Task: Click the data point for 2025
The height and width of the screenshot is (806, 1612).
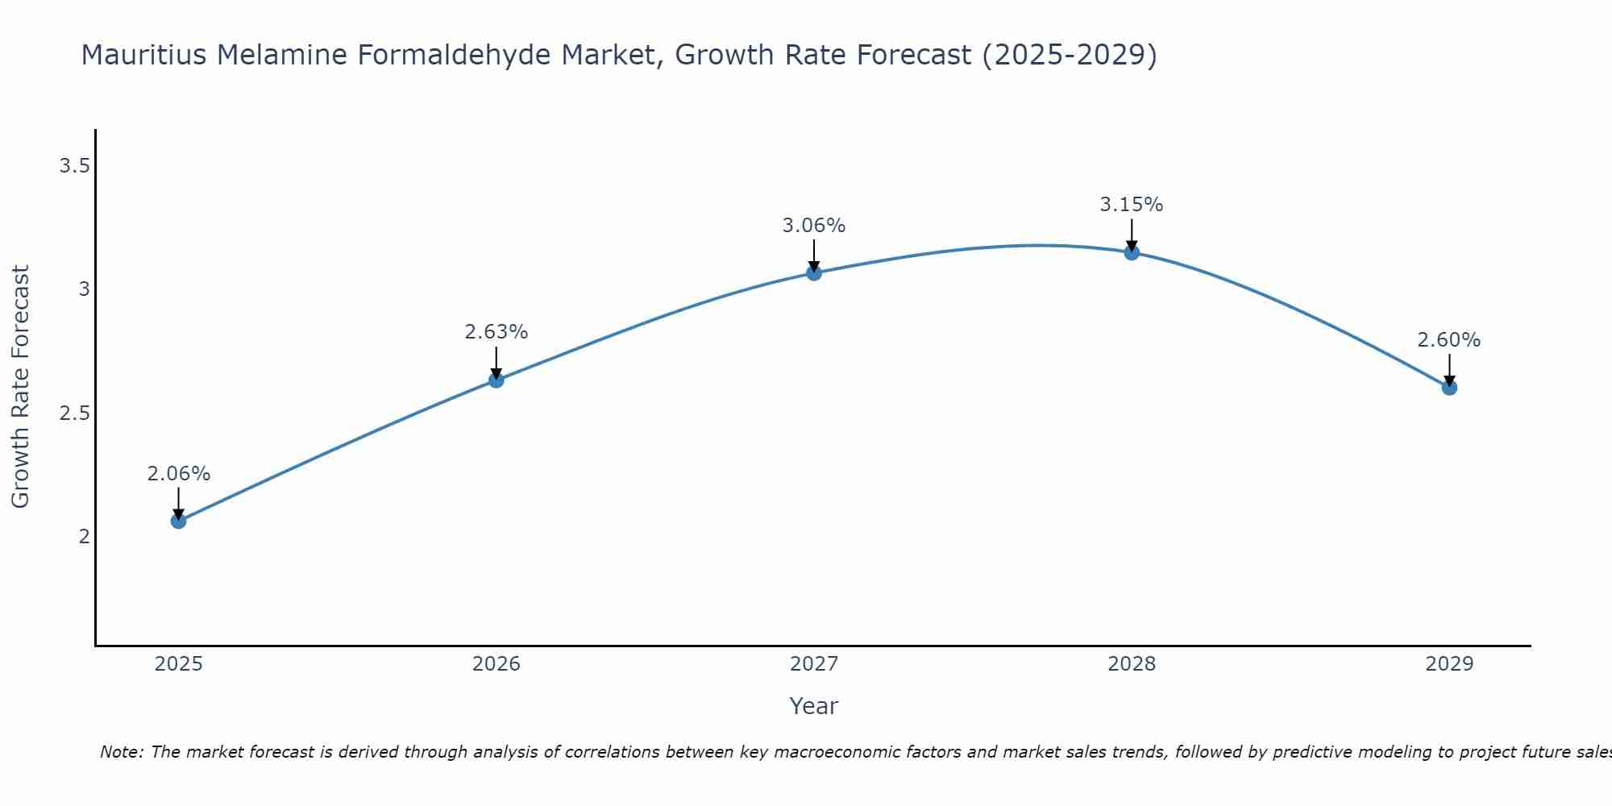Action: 178,521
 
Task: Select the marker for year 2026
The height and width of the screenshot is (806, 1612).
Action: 496,380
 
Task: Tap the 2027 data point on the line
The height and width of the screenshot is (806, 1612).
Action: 814,273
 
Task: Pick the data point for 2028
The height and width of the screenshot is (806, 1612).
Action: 1132,252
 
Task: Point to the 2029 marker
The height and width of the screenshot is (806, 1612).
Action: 1449,388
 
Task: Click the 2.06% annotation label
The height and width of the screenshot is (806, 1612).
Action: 178,474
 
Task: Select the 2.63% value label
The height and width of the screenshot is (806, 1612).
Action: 496,332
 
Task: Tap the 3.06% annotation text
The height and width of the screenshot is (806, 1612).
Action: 814,226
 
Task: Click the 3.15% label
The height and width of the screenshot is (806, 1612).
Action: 1132,205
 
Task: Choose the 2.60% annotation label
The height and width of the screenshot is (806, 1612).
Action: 1449,340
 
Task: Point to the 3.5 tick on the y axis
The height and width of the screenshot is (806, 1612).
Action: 74,166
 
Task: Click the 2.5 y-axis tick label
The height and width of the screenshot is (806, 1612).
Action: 74,413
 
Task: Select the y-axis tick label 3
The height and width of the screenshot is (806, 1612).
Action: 84,289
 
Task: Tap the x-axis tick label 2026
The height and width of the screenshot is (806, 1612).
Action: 496,664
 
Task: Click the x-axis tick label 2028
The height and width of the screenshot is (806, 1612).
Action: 1132,664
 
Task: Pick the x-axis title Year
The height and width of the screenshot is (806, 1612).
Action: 814,706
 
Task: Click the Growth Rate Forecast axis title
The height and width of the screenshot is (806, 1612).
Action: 21,387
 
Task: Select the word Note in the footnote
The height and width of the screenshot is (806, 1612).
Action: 121,752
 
